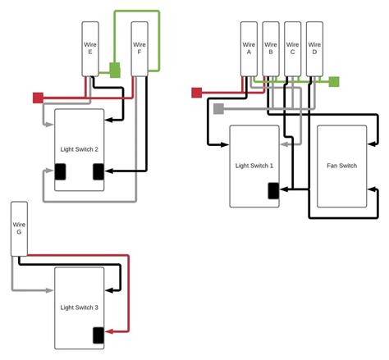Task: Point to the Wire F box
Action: click(x=140, y=48)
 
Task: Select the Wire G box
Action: click(x=18, y=229)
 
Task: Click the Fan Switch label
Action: click(x=341, y=166)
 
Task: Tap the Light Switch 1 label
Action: click(x=254, y=166)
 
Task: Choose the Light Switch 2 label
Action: click(x=80, y=149)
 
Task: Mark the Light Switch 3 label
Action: click(x=80, y=308)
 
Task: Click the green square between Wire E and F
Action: click(x=115, y=71)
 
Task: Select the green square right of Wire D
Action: click(x=334, y=81)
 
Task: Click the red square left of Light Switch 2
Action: click(x=37, y=98)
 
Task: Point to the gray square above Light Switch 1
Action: click(x=218, y=108)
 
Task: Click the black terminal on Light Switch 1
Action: click(x=272, y=190)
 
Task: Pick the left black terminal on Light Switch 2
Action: click(x=61, y=172)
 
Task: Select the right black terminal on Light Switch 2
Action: click(x=98, y=172)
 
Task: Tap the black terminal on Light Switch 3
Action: click(x=98, y=334)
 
